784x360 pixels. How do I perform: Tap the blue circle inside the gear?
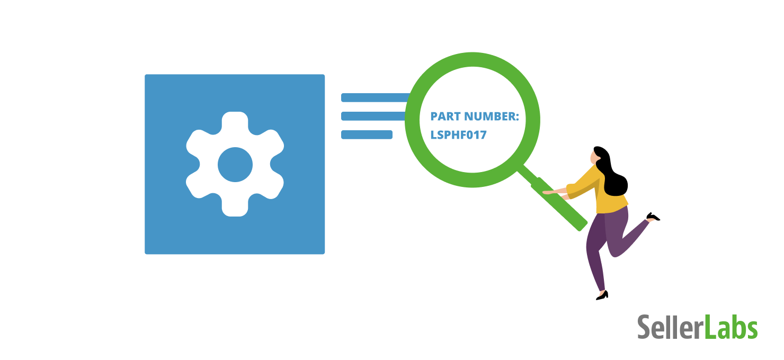click(235, 165)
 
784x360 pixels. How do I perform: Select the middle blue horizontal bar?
click(373, 116)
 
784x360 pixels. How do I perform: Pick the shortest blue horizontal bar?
click(367, 134)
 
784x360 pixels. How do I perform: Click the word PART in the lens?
click(446, 116)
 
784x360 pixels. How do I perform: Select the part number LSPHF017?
click(459, 135)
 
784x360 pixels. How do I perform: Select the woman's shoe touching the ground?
click(603, 296)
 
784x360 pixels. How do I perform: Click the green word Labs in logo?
click(731, 327)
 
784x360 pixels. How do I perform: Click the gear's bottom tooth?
click(235, 206)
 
